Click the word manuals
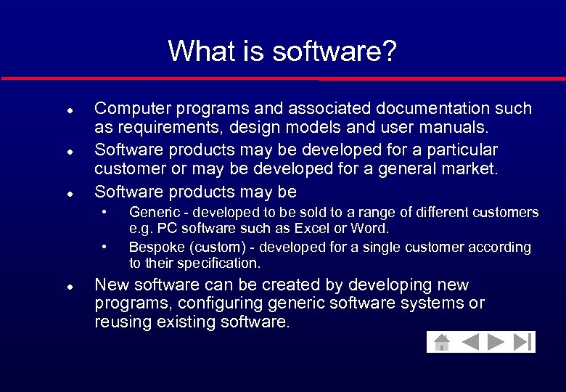(455, 128)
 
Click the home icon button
(440, 341)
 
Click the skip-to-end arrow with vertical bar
(522, 341)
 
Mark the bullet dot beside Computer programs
(68, 110)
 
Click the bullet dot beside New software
(68, 287)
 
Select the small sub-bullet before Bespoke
(106, 247)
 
